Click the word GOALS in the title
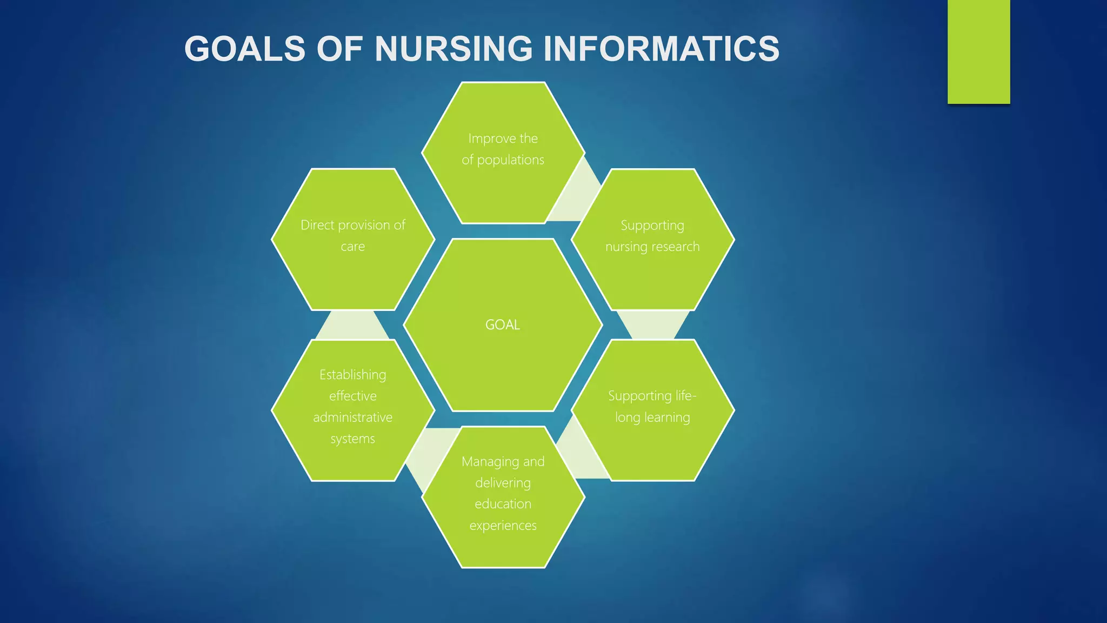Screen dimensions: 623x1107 (245, 49)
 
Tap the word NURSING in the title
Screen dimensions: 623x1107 (454, 49)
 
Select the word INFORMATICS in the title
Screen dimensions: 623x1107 (661, 49)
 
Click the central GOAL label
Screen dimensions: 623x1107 (503, 324)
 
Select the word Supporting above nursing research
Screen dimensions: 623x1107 (652, 225)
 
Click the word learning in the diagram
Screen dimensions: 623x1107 (667, 417)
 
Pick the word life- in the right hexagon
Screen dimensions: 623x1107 (682, 396)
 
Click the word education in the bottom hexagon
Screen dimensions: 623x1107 (503, 504)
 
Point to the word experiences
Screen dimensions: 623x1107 (503, 526)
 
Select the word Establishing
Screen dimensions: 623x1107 (352, 375)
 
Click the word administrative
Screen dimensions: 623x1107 (352, 417)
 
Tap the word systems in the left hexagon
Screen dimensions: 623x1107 (352, 439)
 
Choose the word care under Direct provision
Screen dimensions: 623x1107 (352, 247)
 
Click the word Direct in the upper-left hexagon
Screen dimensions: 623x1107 (317, 225)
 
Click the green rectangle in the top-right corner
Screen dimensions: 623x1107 (978, 51)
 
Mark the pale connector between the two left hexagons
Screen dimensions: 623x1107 (352, 325)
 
